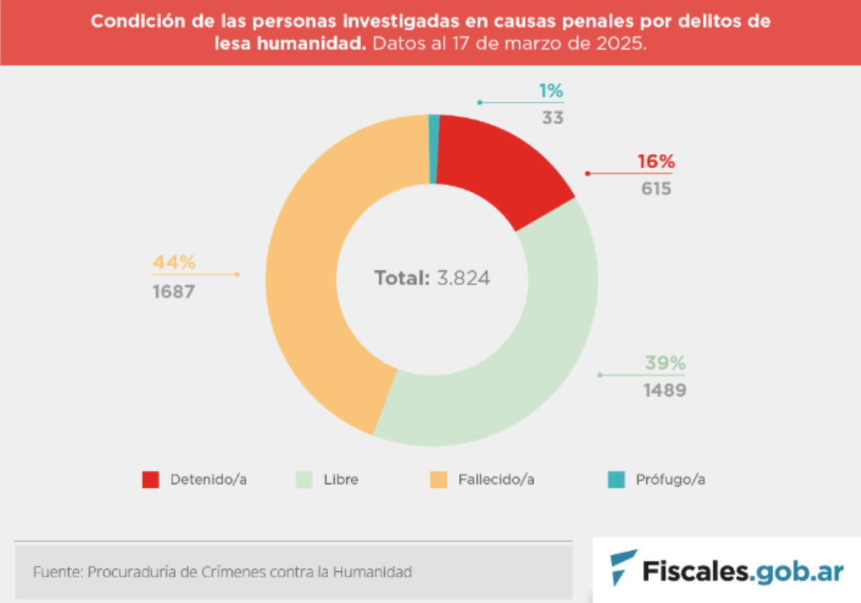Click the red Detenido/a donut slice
(x=502, y=172)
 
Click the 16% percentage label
(x=656, y=162)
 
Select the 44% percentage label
(x=174, y=262)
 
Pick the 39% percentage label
(x=665, y=364)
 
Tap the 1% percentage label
(x=551, y=91)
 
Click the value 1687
(x=173, y=293)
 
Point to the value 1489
(x=664, y=391)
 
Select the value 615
(x=657, y=189)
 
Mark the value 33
(x=552, y=118)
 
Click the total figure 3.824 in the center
(x=463, y=278)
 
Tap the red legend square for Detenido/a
(x=151, y=480)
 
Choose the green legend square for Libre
(x=304, y=480)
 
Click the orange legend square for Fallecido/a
(x=438, y=480)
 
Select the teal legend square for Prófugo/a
(x=615, y=480)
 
